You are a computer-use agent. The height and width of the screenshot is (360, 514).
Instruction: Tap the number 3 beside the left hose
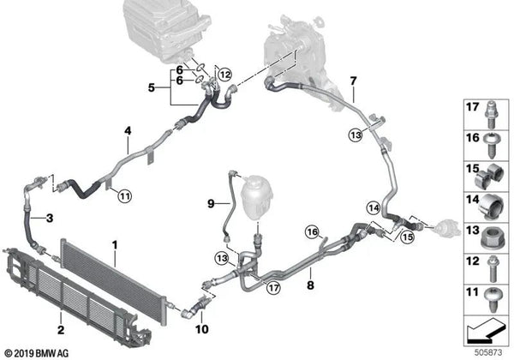click(x=49, y=218)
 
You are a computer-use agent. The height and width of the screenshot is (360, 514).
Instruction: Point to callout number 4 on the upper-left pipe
click(x=127, y=130)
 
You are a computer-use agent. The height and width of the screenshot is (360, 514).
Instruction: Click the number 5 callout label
click(x=152, y=87)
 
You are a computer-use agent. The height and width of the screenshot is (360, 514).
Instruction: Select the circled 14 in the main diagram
click(x=374, y=207)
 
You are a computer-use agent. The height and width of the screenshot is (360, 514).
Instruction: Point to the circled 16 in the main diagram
click(x=314, y=231)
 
